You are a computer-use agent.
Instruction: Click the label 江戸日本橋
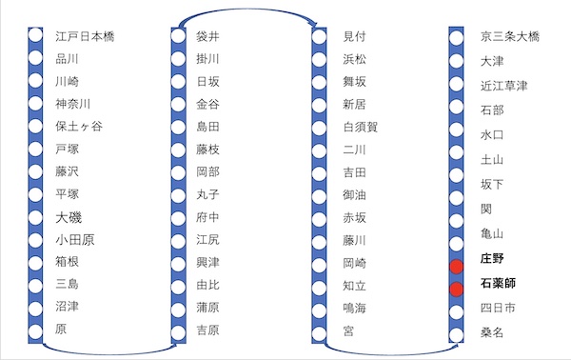click(86, 36)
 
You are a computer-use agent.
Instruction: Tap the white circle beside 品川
click(35, 57)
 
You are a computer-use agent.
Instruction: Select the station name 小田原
click(75, 240)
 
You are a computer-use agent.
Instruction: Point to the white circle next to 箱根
click(35, 263)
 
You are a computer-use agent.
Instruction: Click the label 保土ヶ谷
click(79, 126)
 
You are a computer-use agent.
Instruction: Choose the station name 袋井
click(207, 36)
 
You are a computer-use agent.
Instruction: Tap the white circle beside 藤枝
click(179, 150)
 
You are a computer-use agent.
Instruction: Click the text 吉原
click(207, 330)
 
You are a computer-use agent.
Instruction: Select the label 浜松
click(354, 59)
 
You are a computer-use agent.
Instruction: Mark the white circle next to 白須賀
click(319, 128)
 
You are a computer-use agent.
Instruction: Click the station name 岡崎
click(354, 263)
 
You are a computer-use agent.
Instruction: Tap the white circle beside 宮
click(319, 332)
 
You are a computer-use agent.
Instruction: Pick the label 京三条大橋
click(510, 36)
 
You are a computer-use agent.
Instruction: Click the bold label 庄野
click(492, 258)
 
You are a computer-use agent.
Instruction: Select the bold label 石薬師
click(498, 283)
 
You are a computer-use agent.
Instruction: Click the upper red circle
click(456, 267)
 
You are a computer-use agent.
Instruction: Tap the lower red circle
click(456, 289)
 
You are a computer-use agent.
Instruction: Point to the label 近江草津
click(504, 86)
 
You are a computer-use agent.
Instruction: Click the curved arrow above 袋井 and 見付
click(248, 10)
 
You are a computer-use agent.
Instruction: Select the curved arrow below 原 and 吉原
click(109, 353)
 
